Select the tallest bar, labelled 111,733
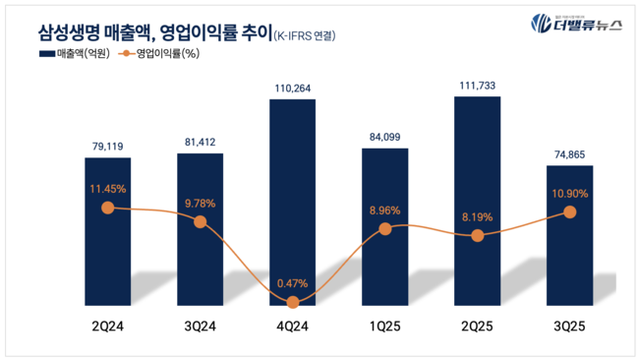[477, 197]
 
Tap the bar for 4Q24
[293, 197]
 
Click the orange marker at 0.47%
[293, 300]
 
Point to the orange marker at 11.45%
[108, 208]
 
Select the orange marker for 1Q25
[385, 228]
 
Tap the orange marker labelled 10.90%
[569, 211]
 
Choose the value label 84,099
[385, 137]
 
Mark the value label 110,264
[293, 89]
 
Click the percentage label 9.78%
[201, 204]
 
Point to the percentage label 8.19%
[477, 217]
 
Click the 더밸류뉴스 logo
[574, 24]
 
